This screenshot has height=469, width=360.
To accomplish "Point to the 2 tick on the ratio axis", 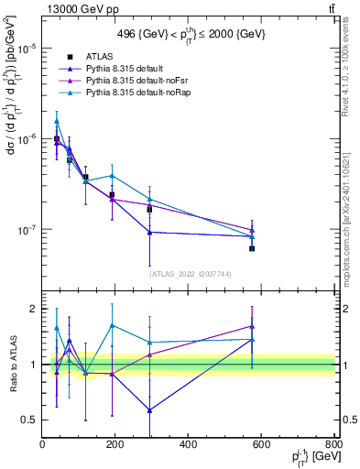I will click(35, 309).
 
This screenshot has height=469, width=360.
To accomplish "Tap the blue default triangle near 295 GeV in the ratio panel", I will click(149, 409).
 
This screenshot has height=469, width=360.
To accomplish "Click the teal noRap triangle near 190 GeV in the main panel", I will click(112, 176).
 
